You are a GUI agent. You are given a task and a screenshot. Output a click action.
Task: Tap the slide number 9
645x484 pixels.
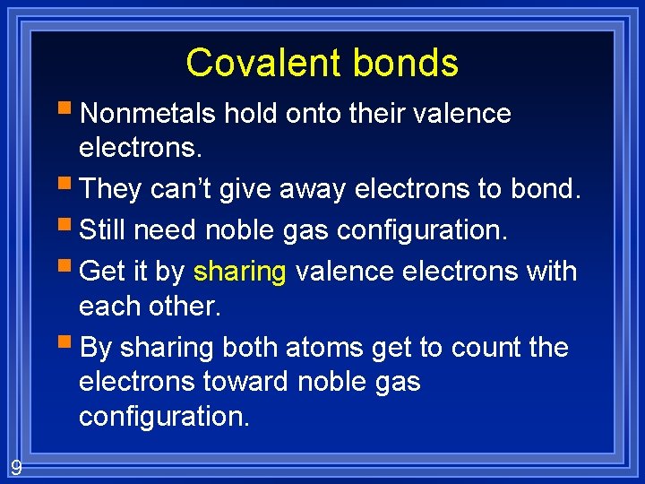coord(16,467)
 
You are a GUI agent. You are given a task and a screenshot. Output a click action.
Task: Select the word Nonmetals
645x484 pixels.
coord(148,114)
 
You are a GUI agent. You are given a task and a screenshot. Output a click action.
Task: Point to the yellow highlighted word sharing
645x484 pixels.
coord(239,271)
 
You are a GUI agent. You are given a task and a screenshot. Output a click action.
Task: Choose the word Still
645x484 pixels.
coord(102,230)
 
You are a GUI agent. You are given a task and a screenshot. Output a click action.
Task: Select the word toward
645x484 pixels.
coord(244,382)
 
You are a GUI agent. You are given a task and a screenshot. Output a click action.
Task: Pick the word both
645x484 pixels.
coord(252,347)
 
